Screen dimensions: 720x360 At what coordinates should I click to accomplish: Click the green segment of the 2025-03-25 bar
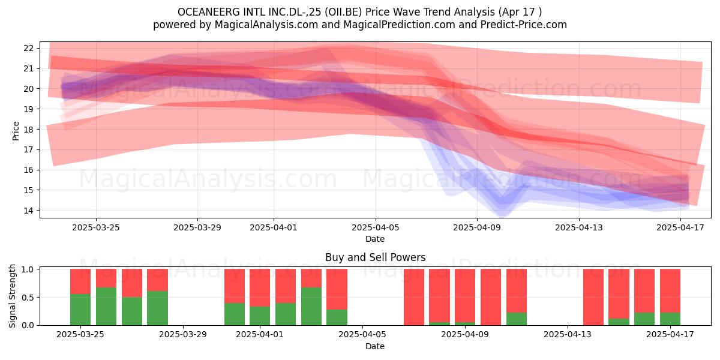click(80, 309)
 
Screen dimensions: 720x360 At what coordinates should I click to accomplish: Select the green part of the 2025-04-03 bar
click(311, 306)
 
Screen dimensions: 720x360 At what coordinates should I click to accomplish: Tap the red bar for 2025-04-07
click(414, 297)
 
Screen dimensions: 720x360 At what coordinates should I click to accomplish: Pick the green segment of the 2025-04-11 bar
click(517, 319)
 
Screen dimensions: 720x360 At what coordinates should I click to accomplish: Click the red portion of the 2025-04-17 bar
click(670, 290)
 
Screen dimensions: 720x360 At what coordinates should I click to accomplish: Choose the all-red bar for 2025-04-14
click(593, 297)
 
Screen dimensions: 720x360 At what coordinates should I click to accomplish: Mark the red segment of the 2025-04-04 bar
click(337, 289)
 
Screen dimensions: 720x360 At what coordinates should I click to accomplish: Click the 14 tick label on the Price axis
click(28, 211)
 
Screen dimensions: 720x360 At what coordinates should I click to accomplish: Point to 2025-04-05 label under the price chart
click(376, 227)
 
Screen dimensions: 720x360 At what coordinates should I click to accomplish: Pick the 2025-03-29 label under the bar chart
click(183, 334)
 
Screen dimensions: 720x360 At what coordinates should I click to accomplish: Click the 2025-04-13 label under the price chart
click(579, 227)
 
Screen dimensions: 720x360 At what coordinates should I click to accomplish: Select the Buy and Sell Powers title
click(376, 257)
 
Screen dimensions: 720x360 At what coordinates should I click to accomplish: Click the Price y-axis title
click(16, 131)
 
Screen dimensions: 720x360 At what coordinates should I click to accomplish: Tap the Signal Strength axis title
click(12, 296)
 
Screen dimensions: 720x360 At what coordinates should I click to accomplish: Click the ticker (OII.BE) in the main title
click(343, 12)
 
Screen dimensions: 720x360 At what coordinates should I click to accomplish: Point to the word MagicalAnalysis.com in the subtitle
click(266, 25)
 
